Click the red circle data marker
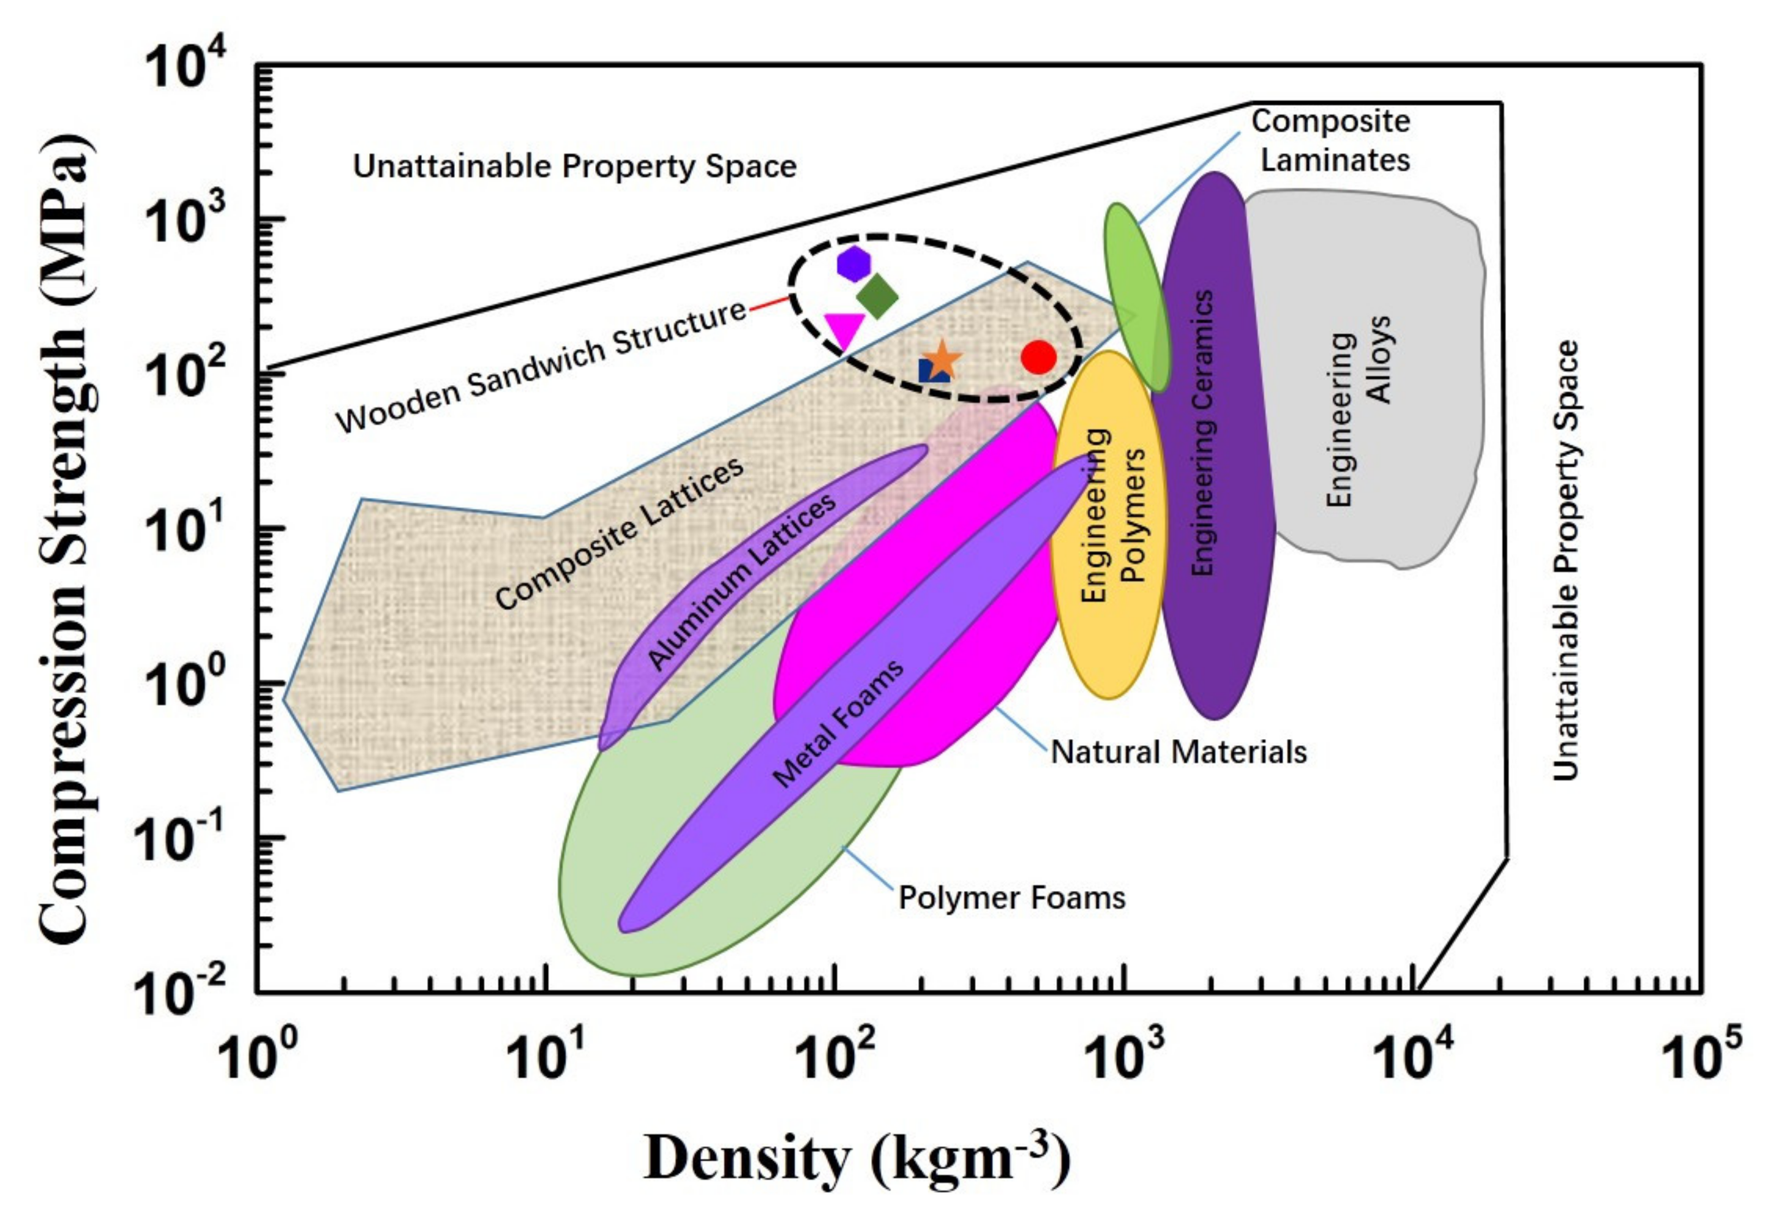point(1038,356)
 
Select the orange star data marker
point(943,359)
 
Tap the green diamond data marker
point(877,296)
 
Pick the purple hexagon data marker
point(853,264)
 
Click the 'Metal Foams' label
point(838,723)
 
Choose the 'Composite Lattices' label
point(620,533)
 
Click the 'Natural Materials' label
point(1179,752)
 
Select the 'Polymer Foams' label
point(1011,898)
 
